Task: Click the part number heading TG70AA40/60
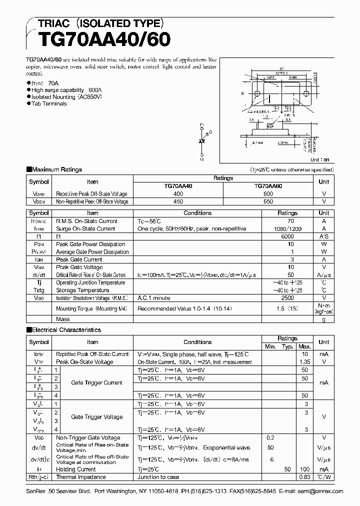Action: pos(100,39)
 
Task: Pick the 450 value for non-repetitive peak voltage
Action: pos(178,201)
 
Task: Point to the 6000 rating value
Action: pos(287,236)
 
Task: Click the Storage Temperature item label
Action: pos(83,290)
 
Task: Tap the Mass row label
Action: pos(63,319)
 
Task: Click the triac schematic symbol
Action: pos(202,142)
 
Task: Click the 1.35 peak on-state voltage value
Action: pos(304,361)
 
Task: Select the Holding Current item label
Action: pos(76,469)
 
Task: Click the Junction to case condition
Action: pos(158,477)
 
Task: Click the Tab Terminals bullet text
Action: pos(49,103)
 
